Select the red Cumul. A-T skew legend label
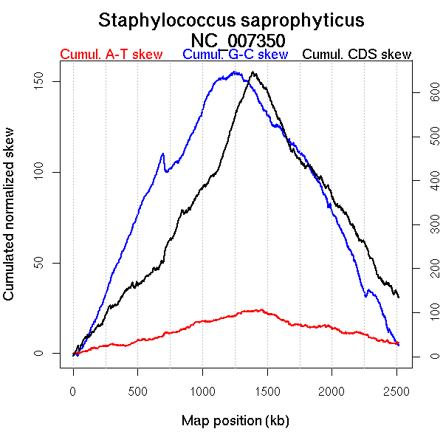(111, 55)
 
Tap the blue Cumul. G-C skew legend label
(235, 55)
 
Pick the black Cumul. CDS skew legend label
(357, 55)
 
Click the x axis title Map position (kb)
(235, 422)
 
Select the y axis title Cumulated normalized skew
(10, 224)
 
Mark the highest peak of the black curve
(253, 72)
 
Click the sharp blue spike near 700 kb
(162, 154)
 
